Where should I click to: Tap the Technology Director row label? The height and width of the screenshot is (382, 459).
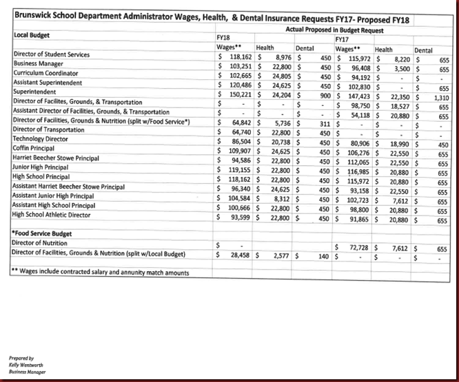tap(42, 138)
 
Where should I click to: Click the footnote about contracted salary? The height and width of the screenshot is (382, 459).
tap(101, 273)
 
